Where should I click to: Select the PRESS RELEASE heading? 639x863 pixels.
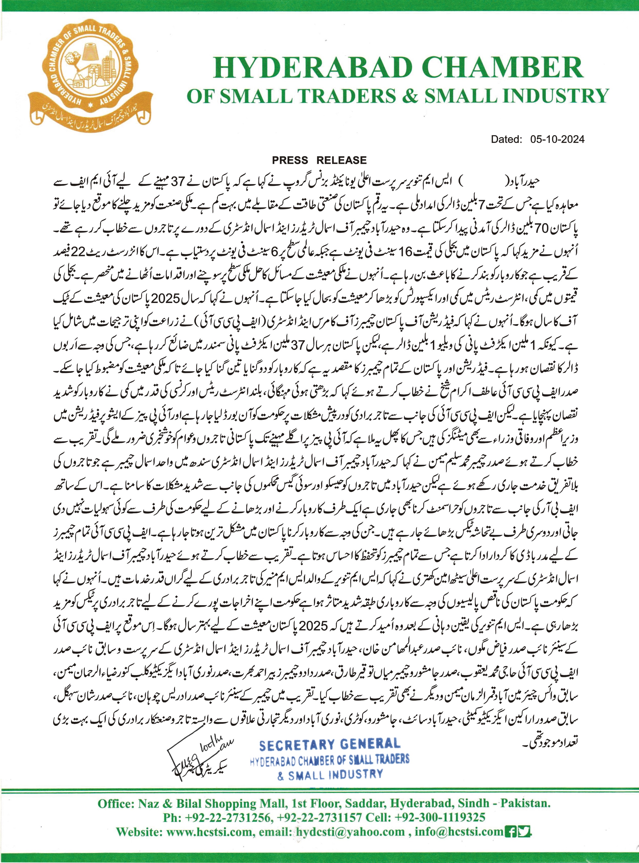pos(319,160)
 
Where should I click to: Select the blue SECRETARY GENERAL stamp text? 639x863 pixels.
pos(329,745)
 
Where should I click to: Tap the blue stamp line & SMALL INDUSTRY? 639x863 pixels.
pos(329,774)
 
